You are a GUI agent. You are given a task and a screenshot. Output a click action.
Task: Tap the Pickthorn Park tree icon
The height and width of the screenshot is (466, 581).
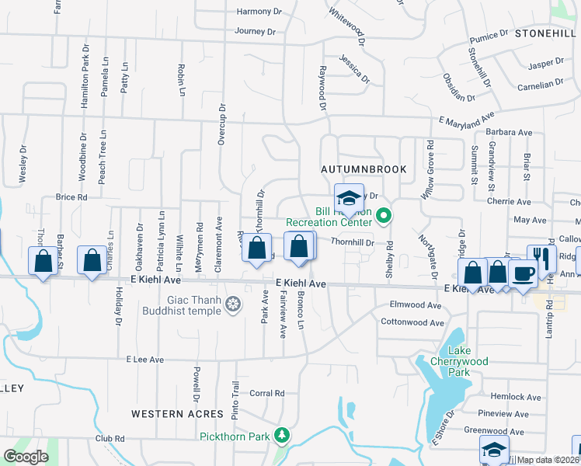pos(285,436)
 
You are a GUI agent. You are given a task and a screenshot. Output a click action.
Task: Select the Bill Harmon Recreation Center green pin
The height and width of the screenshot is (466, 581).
pos(382,215)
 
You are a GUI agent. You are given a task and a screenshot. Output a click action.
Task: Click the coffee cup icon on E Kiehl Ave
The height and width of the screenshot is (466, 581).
pos(524,273)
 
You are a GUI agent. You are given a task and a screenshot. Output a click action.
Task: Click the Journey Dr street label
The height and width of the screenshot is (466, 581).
pos(256,32)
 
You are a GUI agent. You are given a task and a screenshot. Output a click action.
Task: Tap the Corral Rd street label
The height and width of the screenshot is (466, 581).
pos(268,394)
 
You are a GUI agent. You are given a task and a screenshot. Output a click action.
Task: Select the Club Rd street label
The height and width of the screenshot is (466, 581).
pos(110,438)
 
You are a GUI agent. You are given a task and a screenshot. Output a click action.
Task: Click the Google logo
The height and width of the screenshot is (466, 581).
pos(26,457)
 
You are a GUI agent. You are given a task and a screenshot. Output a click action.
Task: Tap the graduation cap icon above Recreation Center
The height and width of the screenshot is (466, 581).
pos(349,196)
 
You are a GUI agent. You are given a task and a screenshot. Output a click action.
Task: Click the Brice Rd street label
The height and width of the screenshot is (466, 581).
pos(71,197)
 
